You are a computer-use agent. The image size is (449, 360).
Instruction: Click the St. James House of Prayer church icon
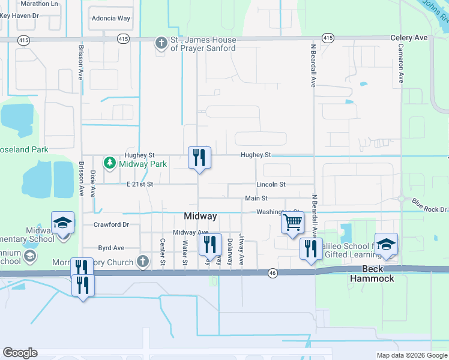(x=161, y=43)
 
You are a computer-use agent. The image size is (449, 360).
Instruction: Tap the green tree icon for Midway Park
(x=110, y=163)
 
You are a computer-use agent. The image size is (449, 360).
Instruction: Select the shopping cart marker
(x=292, y=223)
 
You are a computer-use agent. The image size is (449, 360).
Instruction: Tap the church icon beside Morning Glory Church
(x=142, y=262)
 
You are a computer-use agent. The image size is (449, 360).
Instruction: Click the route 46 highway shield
(x=272, y=273)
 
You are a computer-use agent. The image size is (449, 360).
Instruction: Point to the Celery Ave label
(x=409, y=38)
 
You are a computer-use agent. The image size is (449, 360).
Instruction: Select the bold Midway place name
(x=200, y=216)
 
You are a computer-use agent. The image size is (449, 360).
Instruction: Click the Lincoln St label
(x=271, y=184)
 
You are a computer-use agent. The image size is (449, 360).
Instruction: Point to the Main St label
(x=256, y=199)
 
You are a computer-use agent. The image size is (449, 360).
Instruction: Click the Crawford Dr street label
(x=112, y=224)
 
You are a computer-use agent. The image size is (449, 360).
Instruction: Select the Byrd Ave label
(x=111, y=247)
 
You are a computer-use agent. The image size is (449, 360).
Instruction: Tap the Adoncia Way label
(x=110, y=19)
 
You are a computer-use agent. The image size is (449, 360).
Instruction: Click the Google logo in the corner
(x=20, y=353)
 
